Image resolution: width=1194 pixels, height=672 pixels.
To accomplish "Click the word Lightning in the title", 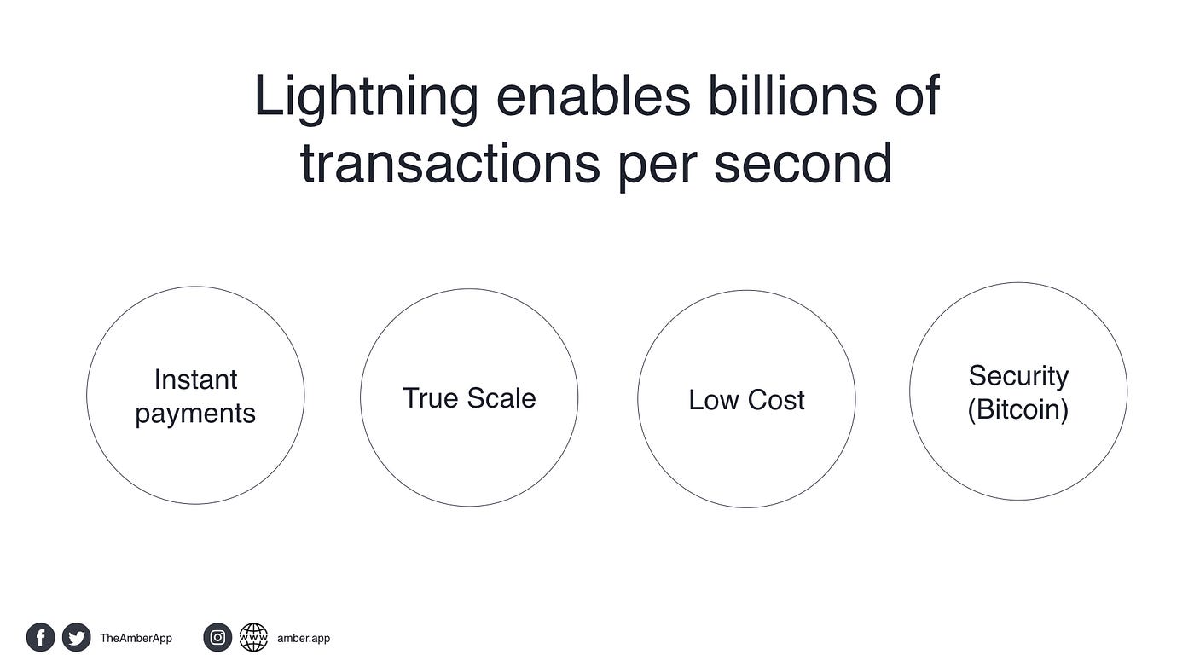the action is click(x=366, y=99).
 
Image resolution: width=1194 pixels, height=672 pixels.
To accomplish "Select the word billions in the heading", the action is click(x=792, y=95).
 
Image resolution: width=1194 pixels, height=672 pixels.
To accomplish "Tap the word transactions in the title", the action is click(x=450, y=163).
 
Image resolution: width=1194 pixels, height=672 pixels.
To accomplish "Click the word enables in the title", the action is click(x=594, y=95).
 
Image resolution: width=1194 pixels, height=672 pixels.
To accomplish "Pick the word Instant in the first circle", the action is click(x=195, y=379).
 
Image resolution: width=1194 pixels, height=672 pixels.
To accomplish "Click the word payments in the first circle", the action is click(x=195, y=414).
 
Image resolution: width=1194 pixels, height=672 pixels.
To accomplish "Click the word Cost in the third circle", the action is click(x=776, y=400).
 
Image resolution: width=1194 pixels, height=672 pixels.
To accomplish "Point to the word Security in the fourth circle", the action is click(x=1018, y=377).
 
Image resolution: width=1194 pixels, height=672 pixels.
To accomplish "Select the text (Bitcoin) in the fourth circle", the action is click(x=1018, y=410).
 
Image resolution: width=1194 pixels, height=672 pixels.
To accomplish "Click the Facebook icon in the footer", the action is click(x=41, y=637).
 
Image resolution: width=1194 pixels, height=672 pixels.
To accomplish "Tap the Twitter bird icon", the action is click(x=76, y=637).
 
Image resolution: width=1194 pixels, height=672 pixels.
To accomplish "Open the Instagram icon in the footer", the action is click(x=217, y=637).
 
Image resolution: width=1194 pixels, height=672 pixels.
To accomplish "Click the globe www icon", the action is click(x=253, y=637).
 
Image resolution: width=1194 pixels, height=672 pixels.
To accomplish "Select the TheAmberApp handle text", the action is click(x=136, y=639).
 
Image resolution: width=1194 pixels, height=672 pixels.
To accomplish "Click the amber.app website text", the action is click(x=304, y=639).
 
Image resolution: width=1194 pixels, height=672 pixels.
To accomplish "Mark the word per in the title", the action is click(x=658, y=166).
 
